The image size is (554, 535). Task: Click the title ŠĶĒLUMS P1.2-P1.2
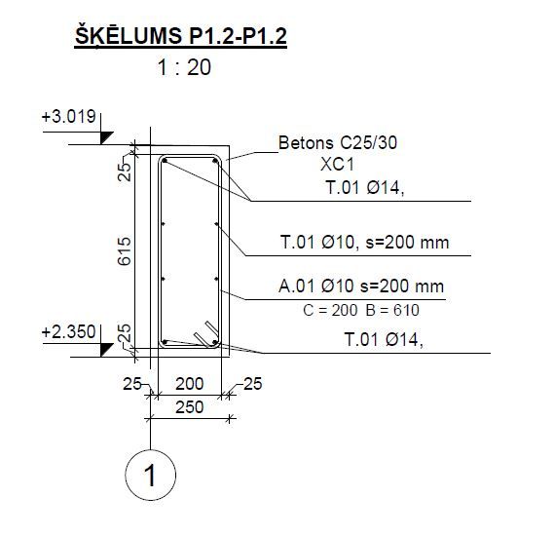(x=180, y=35)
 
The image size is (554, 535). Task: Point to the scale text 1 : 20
(x=184, y=67)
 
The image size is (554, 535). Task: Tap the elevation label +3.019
(x=68, y=116)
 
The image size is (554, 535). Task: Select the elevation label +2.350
(x=68, y=332)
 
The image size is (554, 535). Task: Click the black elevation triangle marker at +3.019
(x=106, y=137)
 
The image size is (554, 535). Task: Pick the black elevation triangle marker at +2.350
(x=106, y=350)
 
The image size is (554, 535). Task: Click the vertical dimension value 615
(x=124, y=251)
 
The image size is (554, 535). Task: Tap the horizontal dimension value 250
(x=190, y=407)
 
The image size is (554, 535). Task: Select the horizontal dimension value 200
(x=190, y=384)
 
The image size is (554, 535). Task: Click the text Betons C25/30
(x=338, y=143)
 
